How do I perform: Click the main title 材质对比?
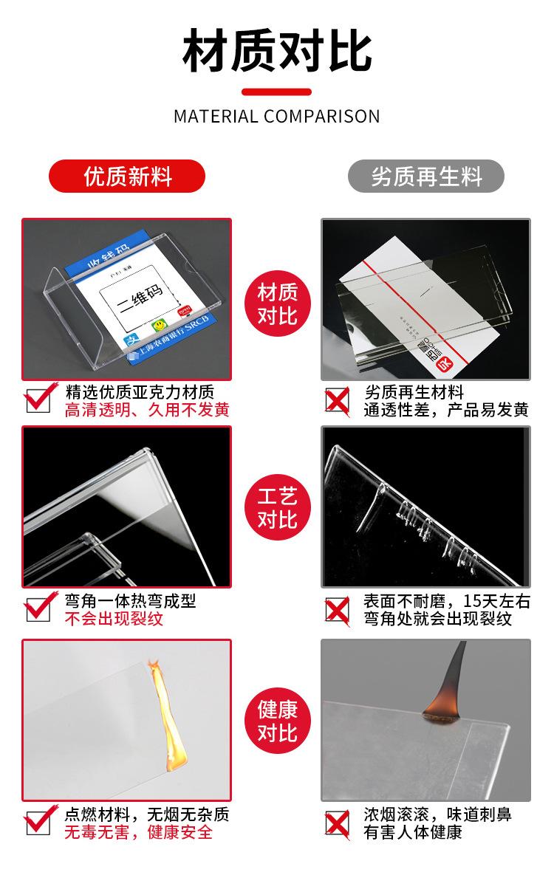[x=277, y=50]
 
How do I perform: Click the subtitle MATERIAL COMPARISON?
[x=277, y=116]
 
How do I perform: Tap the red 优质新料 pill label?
[x=127, y=176]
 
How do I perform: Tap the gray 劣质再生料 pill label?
[x=426, y=176]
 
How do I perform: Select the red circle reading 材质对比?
[x=277, y=303]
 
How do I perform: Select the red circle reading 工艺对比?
[x=277, y=509]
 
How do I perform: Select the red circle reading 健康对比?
[x=277, y=721]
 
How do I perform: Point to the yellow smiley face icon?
[x=158, y=325]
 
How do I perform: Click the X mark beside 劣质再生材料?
[x=338, y=400]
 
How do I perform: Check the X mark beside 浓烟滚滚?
[x=338, y=823]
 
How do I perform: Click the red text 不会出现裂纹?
[x=114, y=620]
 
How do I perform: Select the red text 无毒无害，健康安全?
[x=139, y=833]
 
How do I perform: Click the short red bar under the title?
[x=277, y=92]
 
